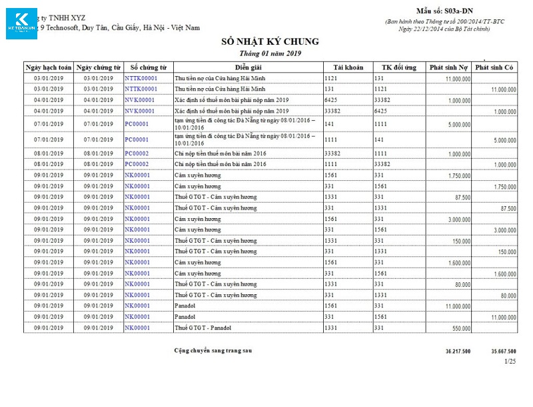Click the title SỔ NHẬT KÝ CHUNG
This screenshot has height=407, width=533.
(270, 42)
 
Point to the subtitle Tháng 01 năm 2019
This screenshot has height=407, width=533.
(270, 53)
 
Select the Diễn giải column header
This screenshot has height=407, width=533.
(248, 67)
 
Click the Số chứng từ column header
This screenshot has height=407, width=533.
(148, 67)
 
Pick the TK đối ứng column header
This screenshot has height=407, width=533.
(398, 67)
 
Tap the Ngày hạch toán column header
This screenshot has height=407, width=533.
(48, 67)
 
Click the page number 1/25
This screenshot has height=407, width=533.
(510, 361)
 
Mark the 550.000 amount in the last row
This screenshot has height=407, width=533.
(461, 329)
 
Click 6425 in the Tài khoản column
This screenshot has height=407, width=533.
(332, 99)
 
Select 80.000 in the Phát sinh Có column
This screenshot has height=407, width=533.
(508, 296)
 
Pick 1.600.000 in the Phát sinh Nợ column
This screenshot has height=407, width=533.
(459, 264)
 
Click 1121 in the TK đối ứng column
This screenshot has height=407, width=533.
(380, 88)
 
